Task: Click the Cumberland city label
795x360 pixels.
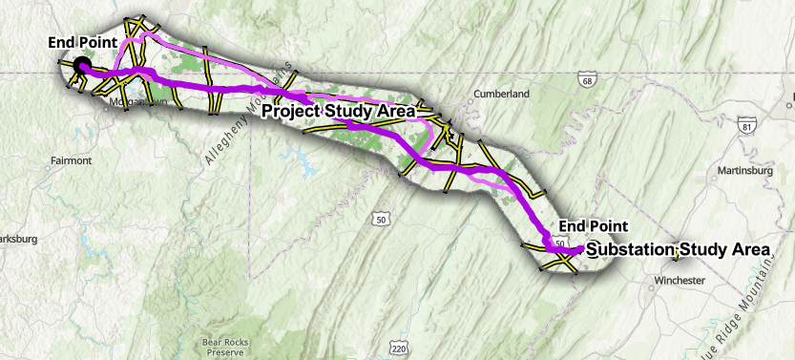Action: (501, 95)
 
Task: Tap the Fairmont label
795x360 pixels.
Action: (72, 160)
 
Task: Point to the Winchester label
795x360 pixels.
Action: (680, 281)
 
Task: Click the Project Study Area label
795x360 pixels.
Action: (339, 112)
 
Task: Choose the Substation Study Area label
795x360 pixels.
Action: (678, 249)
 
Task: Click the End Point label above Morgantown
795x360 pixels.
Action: (83, 43)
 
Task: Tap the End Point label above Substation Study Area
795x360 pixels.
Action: (594, 225)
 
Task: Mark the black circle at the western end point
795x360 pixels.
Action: (81, 65)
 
